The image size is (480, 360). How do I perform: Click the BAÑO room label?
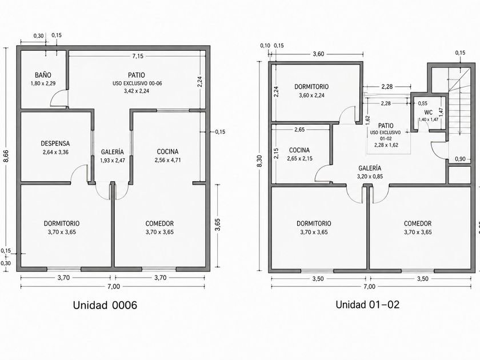click(43, 75)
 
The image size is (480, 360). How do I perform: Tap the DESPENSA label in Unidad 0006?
click(55, 143)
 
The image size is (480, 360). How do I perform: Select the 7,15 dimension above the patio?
click(138, 56)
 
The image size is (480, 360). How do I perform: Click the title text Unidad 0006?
click(105, 305)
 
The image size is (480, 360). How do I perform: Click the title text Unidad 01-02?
click(367, 305)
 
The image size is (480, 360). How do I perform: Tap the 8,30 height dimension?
click(260, 161)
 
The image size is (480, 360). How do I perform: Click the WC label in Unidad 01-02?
click(428, 113)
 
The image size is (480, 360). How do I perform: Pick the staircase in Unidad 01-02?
click(459, 101)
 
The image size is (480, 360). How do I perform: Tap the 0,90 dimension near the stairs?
click(460, 159)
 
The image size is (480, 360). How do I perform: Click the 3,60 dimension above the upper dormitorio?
click(318, 54)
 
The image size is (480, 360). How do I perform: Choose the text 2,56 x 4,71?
click(167, 160)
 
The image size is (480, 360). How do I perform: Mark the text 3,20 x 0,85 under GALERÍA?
click(370, 177)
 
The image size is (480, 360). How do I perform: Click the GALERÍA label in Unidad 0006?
click(113, 152)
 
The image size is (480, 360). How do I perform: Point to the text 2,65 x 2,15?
click(299, 159)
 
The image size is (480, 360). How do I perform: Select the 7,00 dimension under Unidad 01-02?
click(369, 287)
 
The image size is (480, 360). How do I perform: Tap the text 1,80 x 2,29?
click(43, 83)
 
